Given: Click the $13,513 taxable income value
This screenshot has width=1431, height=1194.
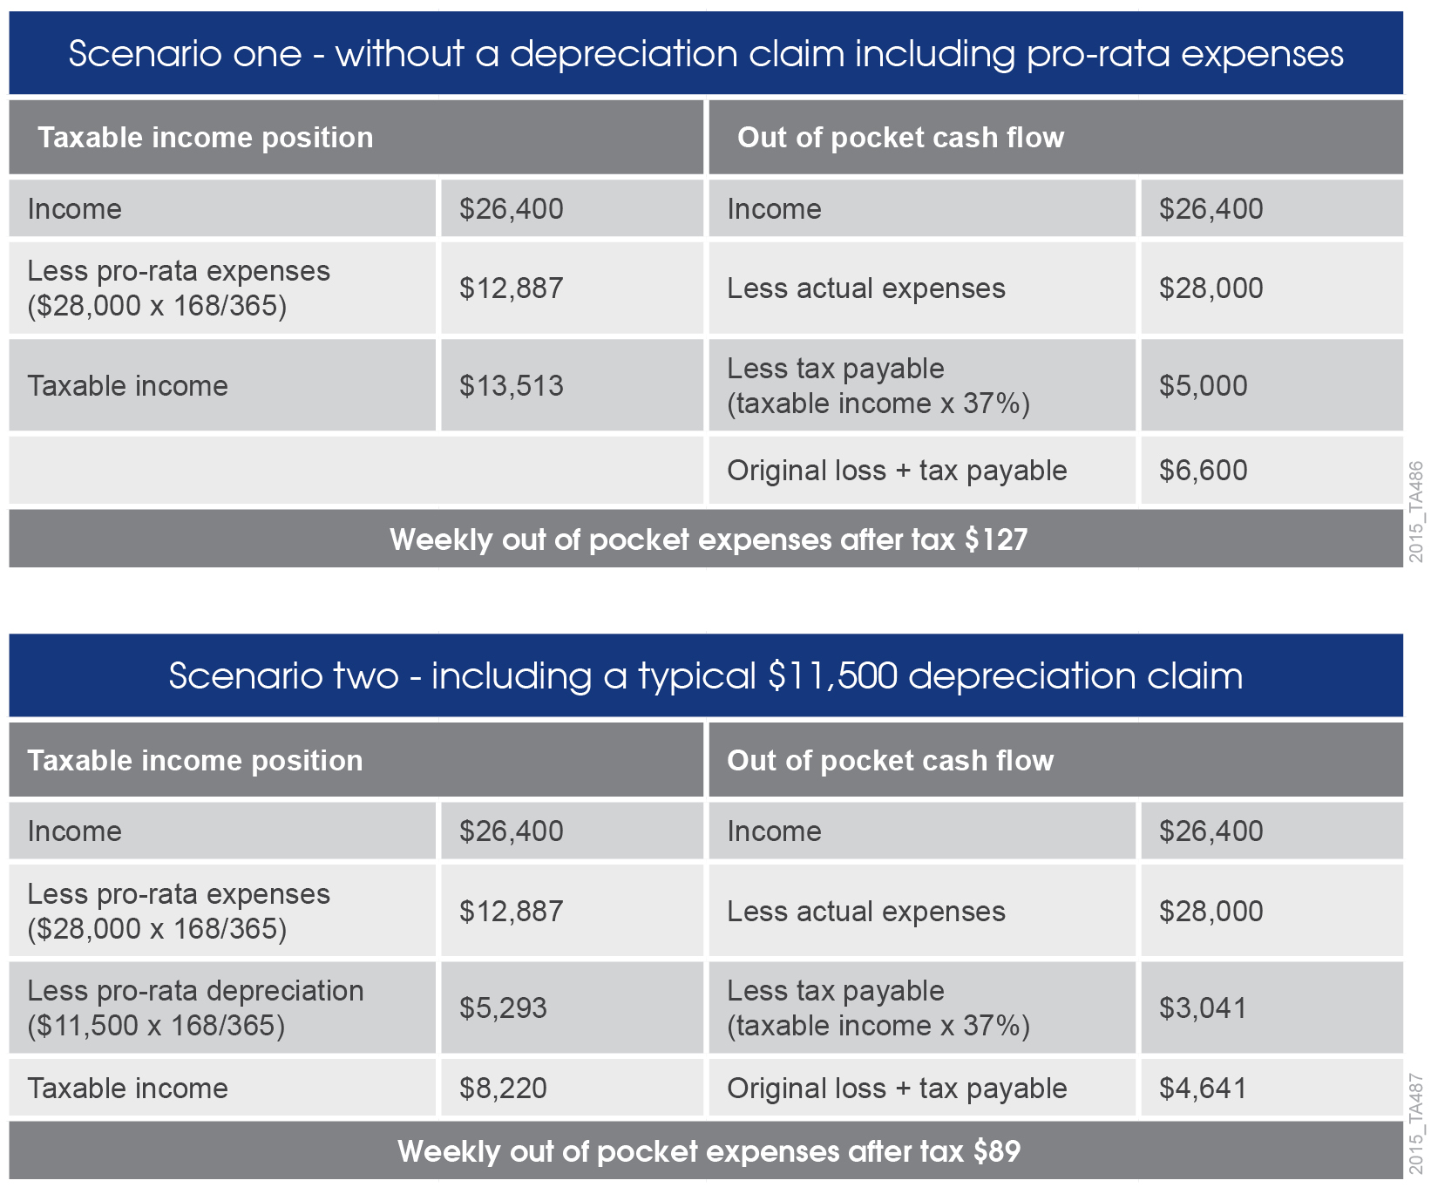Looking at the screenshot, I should [x=512, y=386].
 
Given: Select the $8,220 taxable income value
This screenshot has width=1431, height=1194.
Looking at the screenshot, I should [x=503, y=1088].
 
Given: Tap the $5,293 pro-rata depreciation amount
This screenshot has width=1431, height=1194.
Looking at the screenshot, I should [x=503, y=1008].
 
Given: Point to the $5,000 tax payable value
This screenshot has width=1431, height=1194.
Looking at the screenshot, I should [x=1203, y=386].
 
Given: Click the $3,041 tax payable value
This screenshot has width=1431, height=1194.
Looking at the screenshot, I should [x=1203, y=1008].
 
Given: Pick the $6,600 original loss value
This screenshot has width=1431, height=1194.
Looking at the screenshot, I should [x=1203, y=471].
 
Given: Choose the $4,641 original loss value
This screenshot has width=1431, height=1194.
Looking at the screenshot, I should [x=1203, y=1088].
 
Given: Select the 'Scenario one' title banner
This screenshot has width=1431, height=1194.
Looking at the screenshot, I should [x=706, y=54].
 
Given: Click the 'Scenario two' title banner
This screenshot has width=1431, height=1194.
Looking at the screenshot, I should [x=706, y=676].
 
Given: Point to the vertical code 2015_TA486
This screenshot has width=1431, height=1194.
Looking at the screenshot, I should [x=1416, y=512].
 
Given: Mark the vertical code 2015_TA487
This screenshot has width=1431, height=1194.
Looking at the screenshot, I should [x=1416, y=1124].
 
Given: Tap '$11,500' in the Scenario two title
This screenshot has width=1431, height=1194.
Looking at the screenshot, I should [x=832, y=676].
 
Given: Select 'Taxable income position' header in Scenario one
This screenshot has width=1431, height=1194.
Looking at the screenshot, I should [x=206, y=138].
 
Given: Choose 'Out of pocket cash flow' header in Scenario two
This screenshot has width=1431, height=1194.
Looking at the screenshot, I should [x=890, y=761].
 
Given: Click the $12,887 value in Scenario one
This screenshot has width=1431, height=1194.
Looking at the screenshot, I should [x=512, y=288].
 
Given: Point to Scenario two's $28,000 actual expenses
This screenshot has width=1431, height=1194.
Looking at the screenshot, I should [x=1211, y=912].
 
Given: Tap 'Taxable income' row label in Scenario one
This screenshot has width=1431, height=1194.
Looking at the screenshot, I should [x=128, y=386].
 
